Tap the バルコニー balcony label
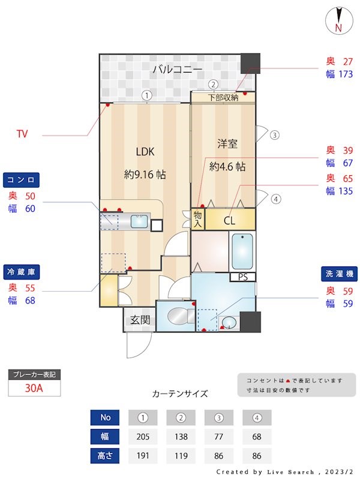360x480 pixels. click(x=176, y=70)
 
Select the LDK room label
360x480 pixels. click(x=145, y=152)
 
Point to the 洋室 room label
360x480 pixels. click(x=227, y=144)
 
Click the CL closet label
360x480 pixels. click(x=230, y=220)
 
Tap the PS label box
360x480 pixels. click(x=242, y=277)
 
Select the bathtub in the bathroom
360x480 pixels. click(x=242, y=251)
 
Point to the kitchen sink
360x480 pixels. click(x=139, y=221)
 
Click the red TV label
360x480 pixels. click(x=22, y=134)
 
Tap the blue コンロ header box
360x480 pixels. click(x=22, y=180)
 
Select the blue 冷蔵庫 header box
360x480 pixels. click(x=22, y=272)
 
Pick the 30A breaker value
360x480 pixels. click(x=34, y=388)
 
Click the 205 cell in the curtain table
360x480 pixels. click(x=143, y=437)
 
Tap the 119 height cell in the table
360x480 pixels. click(x=181, y=455)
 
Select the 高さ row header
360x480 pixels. click(x=105, y=455)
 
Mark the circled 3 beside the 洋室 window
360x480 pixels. click(x=274, y=135)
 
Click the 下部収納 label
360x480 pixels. click(x=223, y=97)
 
